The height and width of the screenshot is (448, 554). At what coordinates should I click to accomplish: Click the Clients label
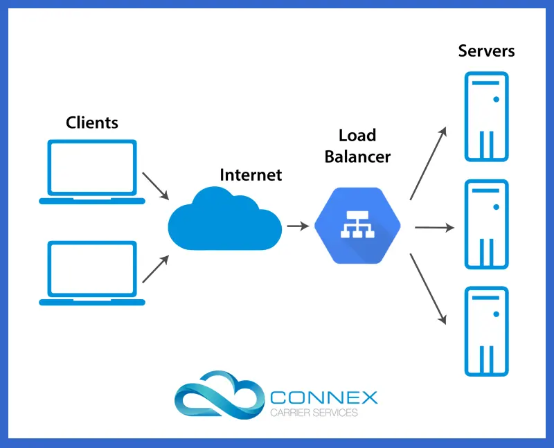(92, 123)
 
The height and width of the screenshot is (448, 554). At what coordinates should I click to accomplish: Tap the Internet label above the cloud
(251, 174)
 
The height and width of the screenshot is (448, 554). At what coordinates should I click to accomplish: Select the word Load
(357, 135)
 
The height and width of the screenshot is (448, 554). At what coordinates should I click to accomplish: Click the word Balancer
(357, 157)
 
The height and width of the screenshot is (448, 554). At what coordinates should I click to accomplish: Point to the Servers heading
(486, 51)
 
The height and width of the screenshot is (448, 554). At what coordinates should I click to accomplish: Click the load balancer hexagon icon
(357, 226)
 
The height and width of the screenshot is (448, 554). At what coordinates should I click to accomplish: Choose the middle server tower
(486, 224)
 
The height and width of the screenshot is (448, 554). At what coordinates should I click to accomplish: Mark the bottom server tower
(486, 331)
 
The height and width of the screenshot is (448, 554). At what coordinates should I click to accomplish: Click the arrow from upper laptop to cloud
(156, 186)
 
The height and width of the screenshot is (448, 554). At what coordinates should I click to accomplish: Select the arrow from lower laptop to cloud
(156, 269)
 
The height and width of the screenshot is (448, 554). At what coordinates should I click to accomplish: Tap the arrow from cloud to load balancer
(298, 226)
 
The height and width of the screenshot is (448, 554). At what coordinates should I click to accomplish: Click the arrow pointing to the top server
(429, 162)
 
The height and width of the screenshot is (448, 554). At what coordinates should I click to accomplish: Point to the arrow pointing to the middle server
(434, 226)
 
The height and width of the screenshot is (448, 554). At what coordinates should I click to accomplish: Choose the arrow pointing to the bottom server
(429, 289)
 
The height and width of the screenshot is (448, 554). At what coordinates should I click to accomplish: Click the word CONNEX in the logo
(323, 398)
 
